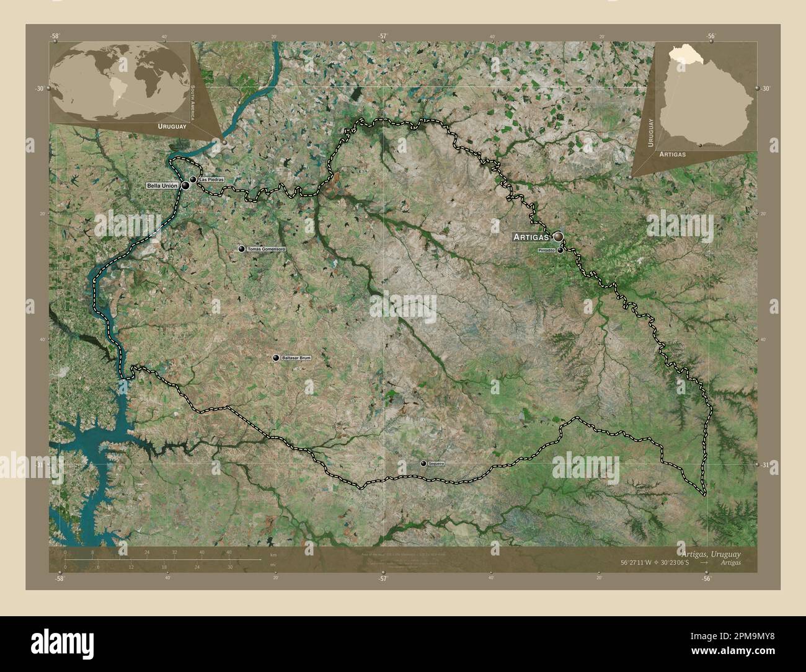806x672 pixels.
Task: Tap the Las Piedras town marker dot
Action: click(193, 180)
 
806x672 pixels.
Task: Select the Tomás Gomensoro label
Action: click(266, 249)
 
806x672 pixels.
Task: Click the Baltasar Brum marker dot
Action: click(276, 358)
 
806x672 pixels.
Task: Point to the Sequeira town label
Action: click(436, 464)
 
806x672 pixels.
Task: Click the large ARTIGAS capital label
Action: click(531, 237)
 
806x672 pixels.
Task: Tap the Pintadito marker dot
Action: click(560, 250)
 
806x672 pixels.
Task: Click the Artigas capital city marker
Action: click(559, 236)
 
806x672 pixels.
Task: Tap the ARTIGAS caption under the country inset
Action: click(673, 153)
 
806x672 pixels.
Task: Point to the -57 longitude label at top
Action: click(383, 36)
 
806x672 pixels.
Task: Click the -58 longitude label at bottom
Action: click(59, 578)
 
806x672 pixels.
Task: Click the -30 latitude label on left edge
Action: click(40, 89)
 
